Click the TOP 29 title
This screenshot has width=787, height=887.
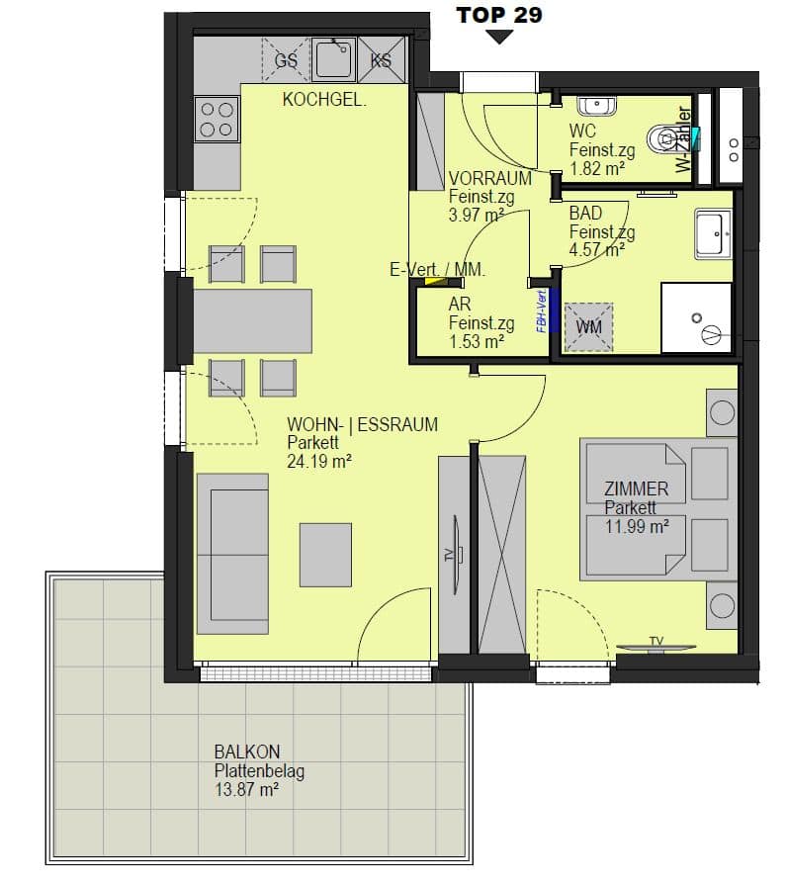499,15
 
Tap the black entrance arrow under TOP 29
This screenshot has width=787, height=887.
499,38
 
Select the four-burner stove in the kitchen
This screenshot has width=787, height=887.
217,119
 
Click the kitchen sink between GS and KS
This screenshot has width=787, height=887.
334,58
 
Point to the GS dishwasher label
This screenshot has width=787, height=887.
286,60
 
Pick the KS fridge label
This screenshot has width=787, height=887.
381,60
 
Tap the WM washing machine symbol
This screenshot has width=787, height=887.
588,327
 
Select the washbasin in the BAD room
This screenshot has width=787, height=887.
714,233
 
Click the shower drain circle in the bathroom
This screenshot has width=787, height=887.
697,318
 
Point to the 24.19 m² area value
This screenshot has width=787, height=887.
319,462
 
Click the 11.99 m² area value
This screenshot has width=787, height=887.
637,527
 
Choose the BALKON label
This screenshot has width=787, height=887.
247,752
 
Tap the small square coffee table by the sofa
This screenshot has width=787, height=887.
325,555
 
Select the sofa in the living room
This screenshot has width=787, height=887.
232,555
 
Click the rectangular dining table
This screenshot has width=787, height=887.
252,321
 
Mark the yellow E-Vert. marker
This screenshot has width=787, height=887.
432,281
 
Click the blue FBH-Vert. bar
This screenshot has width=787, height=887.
555,310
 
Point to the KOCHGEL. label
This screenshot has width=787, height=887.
324,100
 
